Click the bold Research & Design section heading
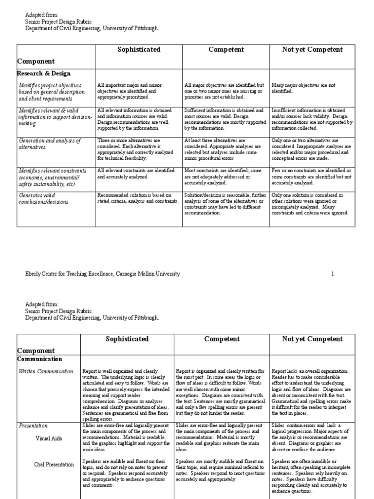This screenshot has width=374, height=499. pyautogui.click(x=44, y=74)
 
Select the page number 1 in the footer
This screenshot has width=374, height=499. pyautogui.click(x=333, y=274)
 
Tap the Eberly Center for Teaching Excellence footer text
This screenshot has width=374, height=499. pyautogui.click(x=102, y=274)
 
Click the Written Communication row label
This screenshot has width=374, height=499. pyautogui.click(x=46, y=371)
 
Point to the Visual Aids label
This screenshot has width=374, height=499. pyautogui.click(x=49, y=438)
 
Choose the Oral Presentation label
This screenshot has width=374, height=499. pyautogui.click(x=54, y=464)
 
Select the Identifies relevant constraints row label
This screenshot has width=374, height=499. pyautogui.click(x=53, y=177)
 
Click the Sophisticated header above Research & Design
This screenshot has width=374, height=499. pyautogui.click(x=139, y=50)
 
